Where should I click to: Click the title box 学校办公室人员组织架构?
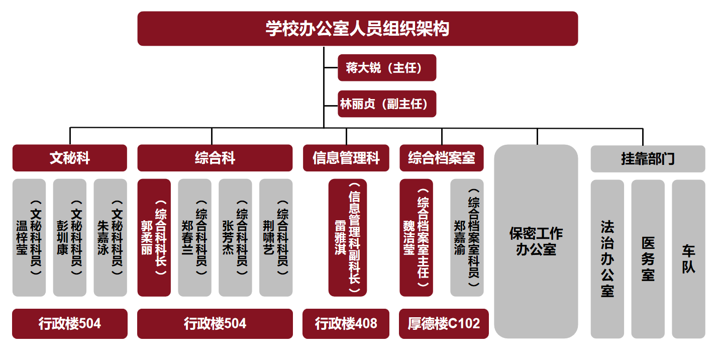(357, 29)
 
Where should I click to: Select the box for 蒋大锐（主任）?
(386, 68)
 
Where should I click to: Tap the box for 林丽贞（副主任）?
(386, 104)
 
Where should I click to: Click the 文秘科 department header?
(69, 158)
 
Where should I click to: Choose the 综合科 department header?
(215, 158)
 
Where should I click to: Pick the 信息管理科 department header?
(346, 158)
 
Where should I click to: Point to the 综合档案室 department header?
(442, 158)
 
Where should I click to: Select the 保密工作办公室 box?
(536, 241)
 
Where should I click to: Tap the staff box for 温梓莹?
(29, 237)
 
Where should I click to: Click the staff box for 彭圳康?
(69, 237)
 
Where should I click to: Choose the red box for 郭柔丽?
(154, 237)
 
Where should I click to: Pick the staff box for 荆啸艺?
(276, 237)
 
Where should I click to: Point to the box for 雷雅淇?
(348, 237)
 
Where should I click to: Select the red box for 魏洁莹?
(416, 237)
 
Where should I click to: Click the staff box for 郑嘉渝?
(467, 237)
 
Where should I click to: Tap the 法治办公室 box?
(607, 259)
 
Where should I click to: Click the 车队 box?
(688, 259)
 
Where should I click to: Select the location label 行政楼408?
(346, 323)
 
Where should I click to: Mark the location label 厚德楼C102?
(444, 323)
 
